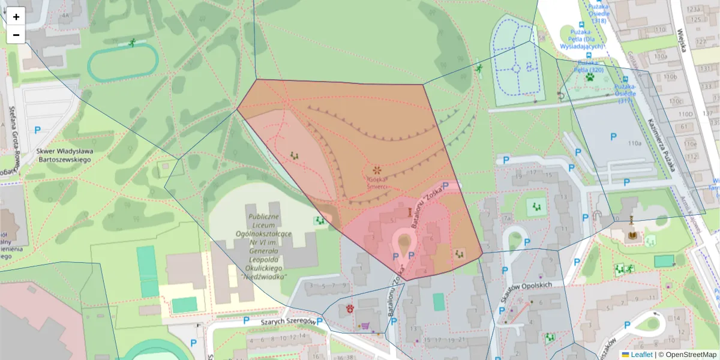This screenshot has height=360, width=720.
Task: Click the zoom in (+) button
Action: (x=16, y=17)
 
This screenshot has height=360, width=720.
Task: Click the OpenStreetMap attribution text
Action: (x=687, y=355)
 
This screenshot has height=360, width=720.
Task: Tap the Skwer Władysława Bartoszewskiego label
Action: (x=63, y=156)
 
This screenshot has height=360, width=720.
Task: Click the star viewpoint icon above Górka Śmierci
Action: (x=377, y=170)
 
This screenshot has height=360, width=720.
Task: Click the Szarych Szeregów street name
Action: (x=288, y=322)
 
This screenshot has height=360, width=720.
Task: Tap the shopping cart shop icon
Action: (x=364, y=325)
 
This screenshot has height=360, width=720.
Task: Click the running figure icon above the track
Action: (x=131, y=43)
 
